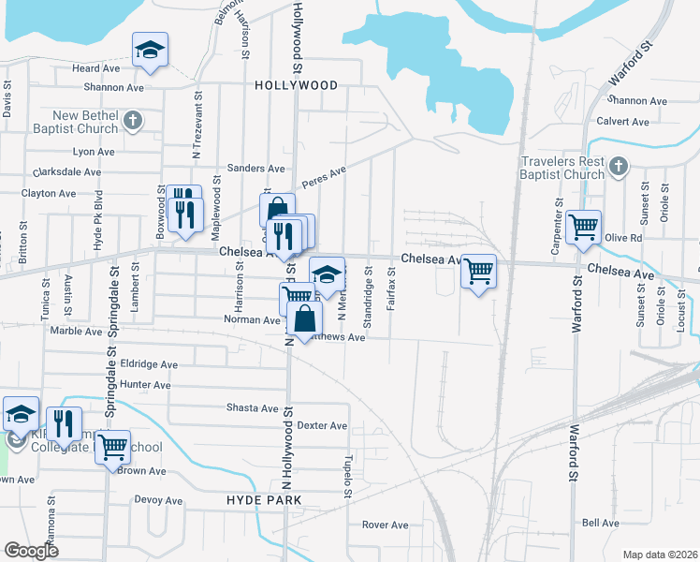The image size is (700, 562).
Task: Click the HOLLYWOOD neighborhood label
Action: click(x=296, y=85)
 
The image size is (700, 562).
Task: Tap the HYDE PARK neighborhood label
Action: click(x=264, y=500)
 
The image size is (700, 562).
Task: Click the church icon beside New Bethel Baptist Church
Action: click(x=133, y=120)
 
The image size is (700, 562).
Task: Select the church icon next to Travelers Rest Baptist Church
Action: click(x=617, y=167)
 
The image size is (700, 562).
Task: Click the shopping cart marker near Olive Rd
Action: click(x=583, y=227)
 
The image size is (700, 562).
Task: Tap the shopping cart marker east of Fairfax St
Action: click(x=479, y=272)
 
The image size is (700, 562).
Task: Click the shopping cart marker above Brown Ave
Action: click(x=112, y=446)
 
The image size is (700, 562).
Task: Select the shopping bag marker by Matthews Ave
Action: click(x=305, y=320)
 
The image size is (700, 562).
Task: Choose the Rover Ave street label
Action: click(x=386, y=525)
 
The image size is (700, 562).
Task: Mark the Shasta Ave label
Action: click(x=253, y=408)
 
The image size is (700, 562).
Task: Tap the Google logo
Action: click(x=31, y=551)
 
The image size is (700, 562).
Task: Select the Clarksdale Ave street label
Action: click(x=66, y=172)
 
